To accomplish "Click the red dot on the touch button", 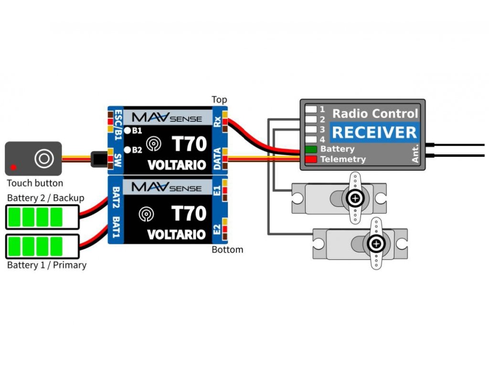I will (x=14, y=167).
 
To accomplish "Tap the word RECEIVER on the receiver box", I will (x=374, y=132).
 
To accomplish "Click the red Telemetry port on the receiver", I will (x=311, y=159).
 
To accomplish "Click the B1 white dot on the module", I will (x=128, y=130).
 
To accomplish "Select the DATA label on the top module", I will (x=217, y=158).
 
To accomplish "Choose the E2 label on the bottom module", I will (x=217, y=230).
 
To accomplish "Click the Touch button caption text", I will (x=35, y=183).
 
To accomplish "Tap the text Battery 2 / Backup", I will (x=46, y=198).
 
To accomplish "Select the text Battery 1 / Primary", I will (x=47, y=265).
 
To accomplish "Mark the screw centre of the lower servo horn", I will (x=377, y=244).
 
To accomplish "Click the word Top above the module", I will (x=220, y=100).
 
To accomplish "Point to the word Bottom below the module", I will (x=227, y=250).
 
